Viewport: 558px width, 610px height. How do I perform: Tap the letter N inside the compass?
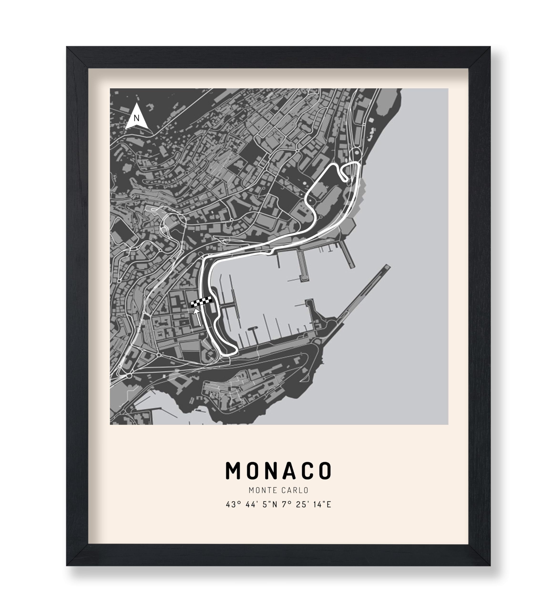click(x=137, y=118)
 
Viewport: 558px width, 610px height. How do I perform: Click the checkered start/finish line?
click(x=201, y=302)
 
